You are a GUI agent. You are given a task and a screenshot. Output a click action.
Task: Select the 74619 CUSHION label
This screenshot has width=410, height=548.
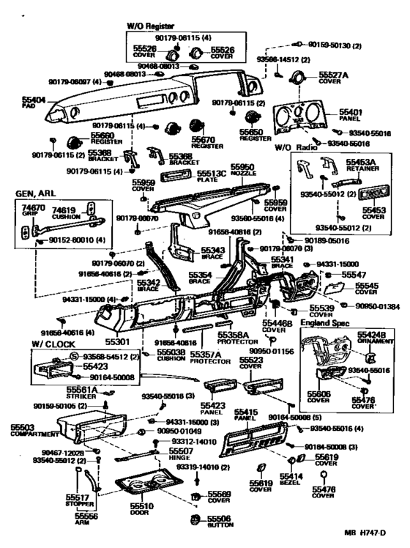66,212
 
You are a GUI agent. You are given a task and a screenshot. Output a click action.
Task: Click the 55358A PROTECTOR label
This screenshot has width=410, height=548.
233,338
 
